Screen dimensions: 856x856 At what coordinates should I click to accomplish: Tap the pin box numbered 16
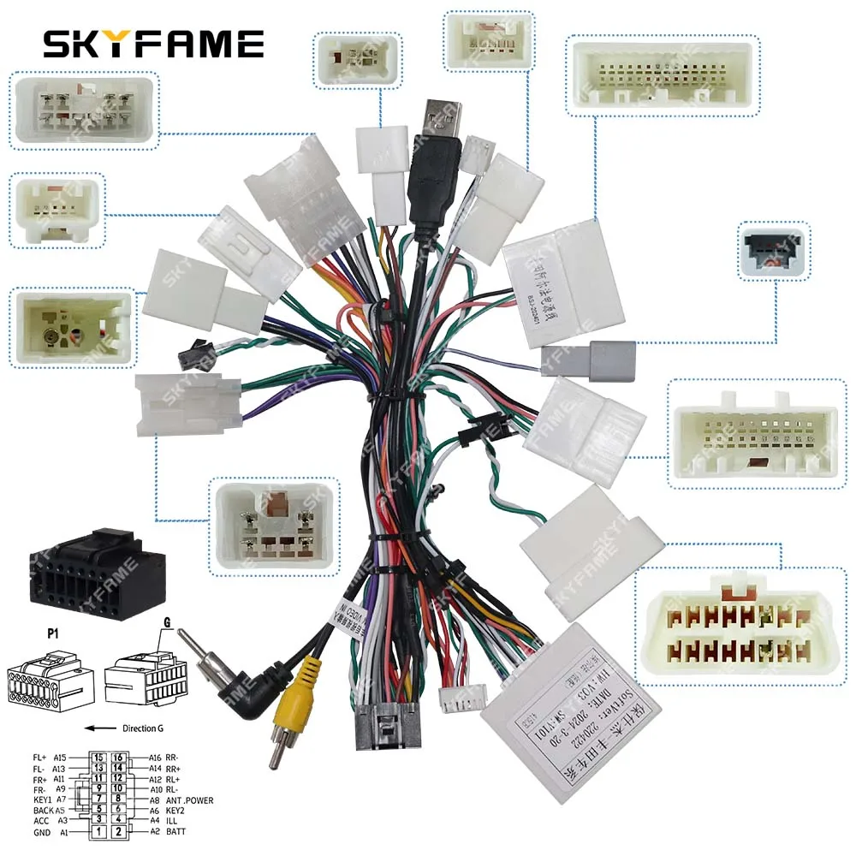(120, 758)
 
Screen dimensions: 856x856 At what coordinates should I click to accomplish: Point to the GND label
(42, 831)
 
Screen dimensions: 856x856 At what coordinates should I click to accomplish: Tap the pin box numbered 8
(120, 800)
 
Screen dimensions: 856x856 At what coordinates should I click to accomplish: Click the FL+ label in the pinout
(40, 758)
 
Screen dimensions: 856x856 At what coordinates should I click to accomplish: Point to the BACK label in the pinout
(43, 811)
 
